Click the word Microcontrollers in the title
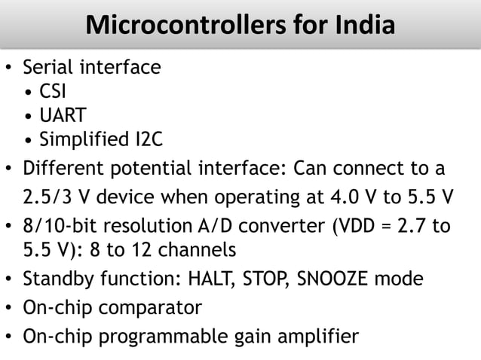coord(164,26)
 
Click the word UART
coord(63,116)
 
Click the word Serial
coord(47,68)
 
